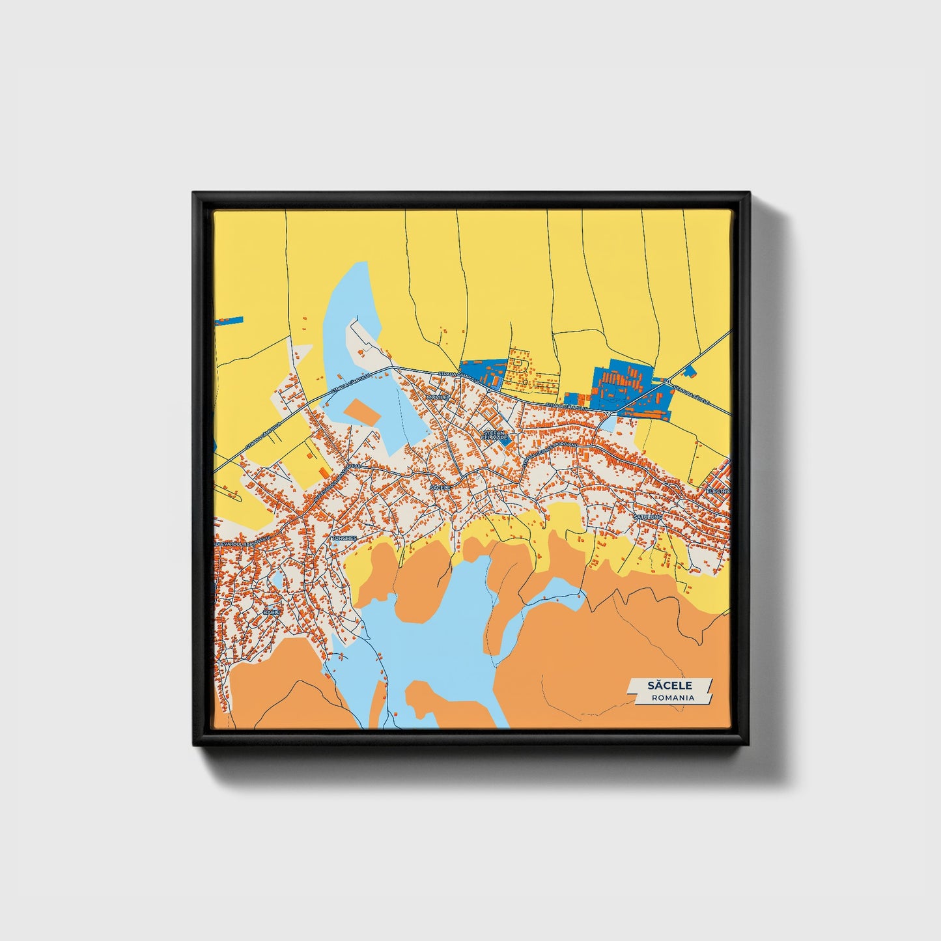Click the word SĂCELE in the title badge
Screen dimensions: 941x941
click(669, 685)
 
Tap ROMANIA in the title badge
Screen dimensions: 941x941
click(673, 697)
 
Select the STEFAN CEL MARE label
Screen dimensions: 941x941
click(495, 435)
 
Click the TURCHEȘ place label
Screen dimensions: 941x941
click(344, 539)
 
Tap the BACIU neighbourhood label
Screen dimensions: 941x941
click(271, 613)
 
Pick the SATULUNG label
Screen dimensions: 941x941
click(648, 516)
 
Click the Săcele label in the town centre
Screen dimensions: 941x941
click(440, 487)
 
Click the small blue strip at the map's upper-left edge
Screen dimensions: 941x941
click(229, 321)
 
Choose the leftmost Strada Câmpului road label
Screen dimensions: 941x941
click(263, 436)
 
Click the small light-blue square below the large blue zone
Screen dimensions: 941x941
click(606, 425)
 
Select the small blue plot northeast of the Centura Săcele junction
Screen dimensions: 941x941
click(690, 372)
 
